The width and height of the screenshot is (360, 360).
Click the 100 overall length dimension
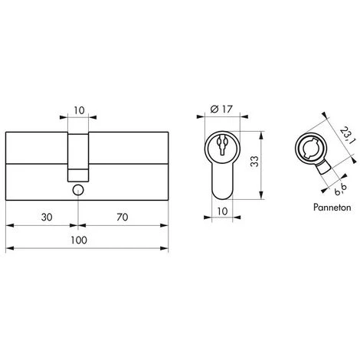(x=79, y=241)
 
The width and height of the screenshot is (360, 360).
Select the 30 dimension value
(x=47, y=218)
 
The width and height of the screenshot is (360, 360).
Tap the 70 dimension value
(x=123, y=218)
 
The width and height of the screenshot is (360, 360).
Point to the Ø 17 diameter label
(x=221, y=110)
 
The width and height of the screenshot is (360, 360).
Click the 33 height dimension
(x=254, y=162)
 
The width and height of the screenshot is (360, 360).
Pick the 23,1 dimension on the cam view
(x=348, y=136)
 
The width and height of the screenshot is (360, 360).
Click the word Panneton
(x=332, y=208)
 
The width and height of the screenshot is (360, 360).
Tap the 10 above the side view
(x=79, y=110)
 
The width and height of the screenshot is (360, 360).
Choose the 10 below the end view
(x=222, y=211)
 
